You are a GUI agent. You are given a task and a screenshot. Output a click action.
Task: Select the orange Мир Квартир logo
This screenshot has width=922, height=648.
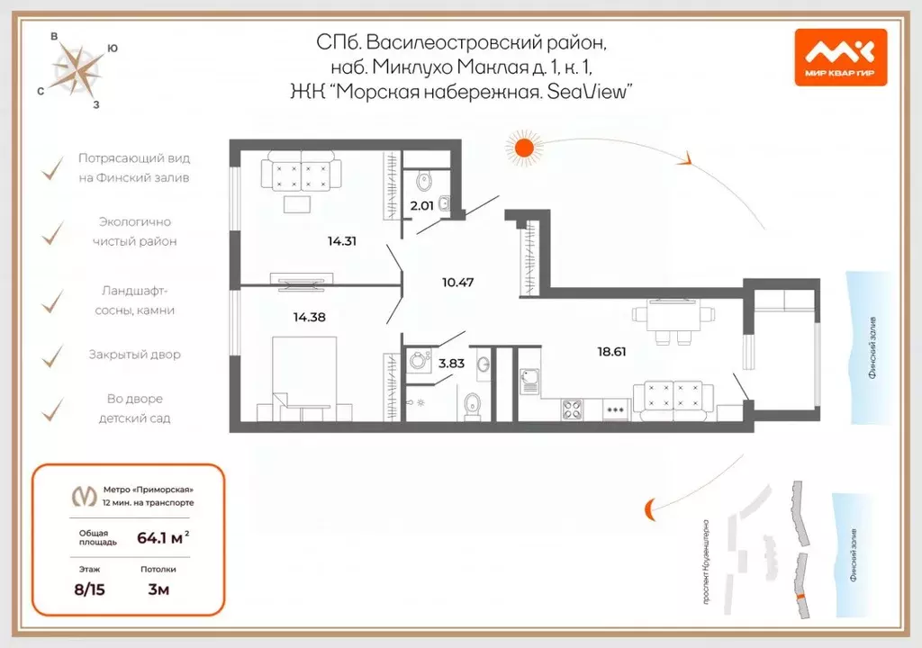click(840, 57)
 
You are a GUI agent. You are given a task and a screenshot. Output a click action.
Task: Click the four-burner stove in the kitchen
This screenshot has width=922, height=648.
click(574, 409)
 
